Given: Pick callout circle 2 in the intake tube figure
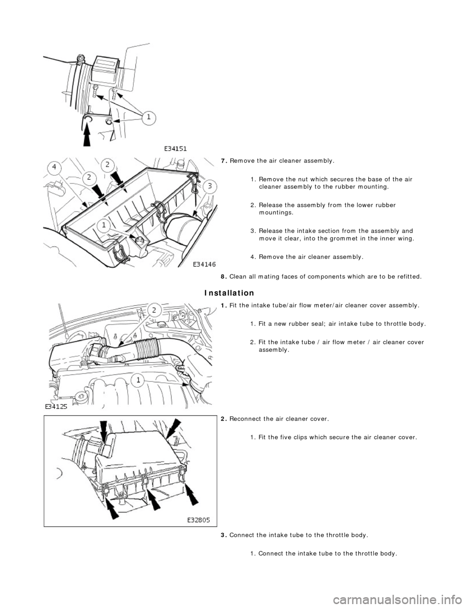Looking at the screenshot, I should (x=153, y=310).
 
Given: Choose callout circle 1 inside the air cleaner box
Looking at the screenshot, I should (x=104, y=226).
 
